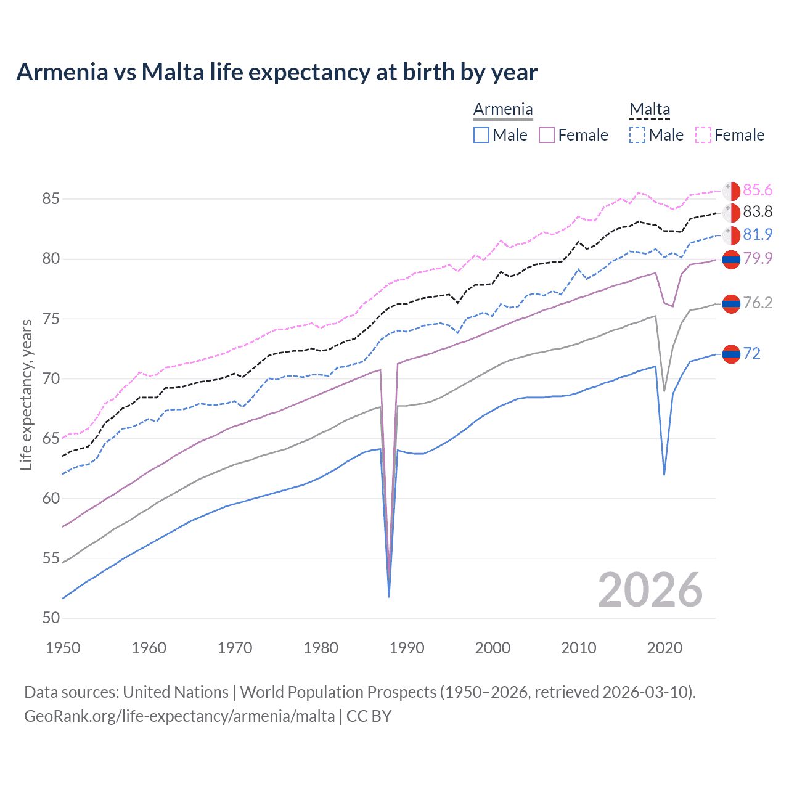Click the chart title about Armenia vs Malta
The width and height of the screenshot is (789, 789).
(x=277, y=72)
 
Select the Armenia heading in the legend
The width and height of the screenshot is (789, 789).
(x=503, y=110)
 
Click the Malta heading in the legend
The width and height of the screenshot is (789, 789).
(x=650, y=110)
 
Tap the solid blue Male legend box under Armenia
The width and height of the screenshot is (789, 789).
(x=481, y=135)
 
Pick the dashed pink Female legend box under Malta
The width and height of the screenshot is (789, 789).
(x=703, y=135)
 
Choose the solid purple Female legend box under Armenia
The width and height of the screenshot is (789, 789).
(x=547, y=135)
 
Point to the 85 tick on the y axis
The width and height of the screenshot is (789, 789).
(x=51, y=199)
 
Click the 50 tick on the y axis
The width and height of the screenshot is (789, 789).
(x=51, y=618)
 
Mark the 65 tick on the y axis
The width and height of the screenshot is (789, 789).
(x=51, y=439)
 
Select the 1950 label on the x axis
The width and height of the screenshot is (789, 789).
(x=63, y=648)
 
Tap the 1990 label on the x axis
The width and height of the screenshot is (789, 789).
(x=407, y=648)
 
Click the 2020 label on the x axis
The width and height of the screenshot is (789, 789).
(x=664, y=648)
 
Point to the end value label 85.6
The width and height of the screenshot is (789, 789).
(x=758, y=190)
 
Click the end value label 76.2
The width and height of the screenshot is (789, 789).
(x=758, y=303)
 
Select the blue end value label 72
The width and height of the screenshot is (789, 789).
(x=751, y=353)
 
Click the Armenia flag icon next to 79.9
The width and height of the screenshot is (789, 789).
(x=731, y=260)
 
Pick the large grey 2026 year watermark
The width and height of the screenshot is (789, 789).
(x=650, y=591)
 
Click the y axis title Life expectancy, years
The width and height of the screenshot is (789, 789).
(x=26, y=394)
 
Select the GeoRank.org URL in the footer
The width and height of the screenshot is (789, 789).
(x=179, y=716)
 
